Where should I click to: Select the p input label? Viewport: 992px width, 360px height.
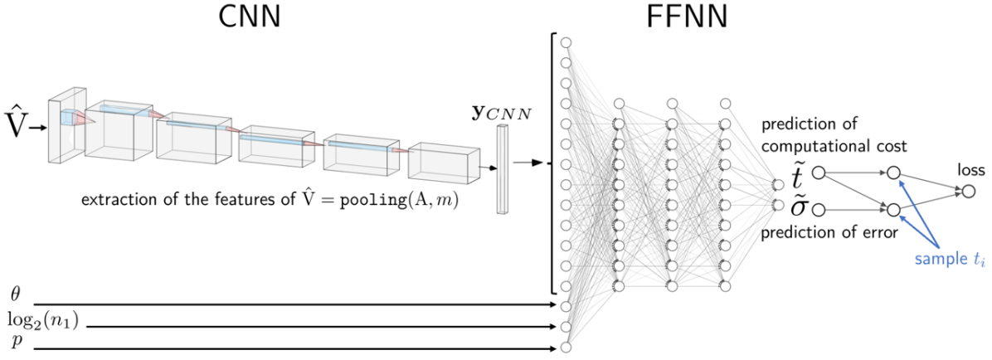[x=14, y=340]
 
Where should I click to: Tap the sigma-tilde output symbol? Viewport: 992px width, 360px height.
[x=798, y=208]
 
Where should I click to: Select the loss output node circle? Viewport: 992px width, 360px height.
[x=969, y=192]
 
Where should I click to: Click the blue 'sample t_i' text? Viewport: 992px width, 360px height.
[x=948, y=260]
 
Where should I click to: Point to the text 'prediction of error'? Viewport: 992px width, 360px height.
[x=829, y=234]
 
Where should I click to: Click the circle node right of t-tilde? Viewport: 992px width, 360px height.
[x=819, y=173]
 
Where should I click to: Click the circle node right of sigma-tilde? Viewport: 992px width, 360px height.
[x=819, y=208]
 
